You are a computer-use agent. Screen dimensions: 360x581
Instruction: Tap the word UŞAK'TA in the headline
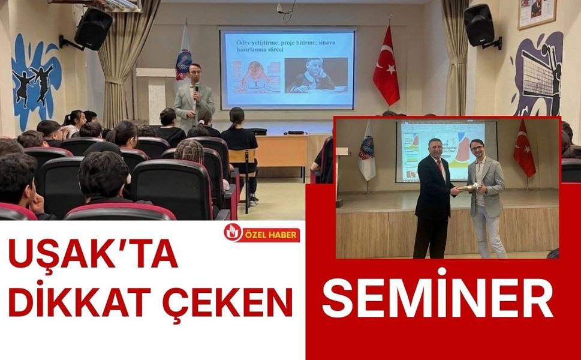point(92,254)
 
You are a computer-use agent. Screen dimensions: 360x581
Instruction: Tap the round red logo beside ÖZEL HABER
point(233,233)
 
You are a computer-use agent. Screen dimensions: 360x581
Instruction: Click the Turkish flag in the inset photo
point(524,150)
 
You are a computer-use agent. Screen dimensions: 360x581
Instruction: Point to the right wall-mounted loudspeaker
point(480,25)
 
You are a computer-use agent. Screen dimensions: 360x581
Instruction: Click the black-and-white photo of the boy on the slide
point(315,75)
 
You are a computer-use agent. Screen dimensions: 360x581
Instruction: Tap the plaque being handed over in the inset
point(467,188)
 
